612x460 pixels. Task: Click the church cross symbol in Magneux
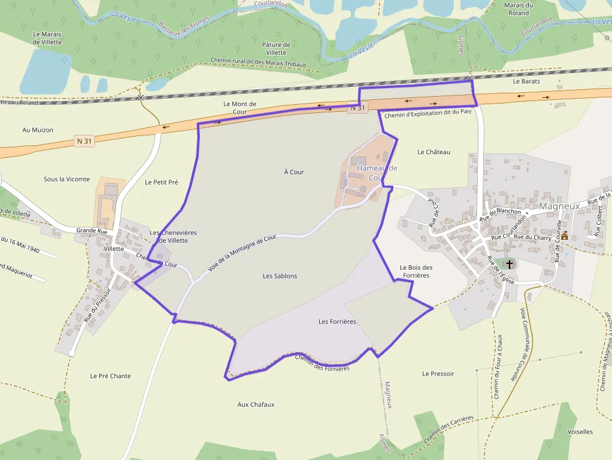(510, 264)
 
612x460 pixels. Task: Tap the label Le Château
(433, 152)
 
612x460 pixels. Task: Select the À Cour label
(294, 172)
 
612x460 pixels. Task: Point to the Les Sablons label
(280, 276)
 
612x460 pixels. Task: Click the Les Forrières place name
(337, 322)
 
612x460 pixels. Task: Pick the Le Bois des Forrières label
(416, 272)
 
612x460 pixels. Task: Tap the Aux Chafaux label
(256, 404)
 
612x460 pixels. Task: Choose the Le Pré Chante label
(111, 376)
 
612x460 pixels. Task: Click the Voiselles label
(580, 431)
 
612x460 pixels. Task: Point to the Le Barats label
(526, 82)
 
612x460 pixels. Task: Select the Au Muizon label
(38, 130)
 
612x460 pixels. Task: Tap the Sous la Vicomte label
(67, 179)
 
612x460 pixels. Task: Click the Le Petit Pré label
(161, 182)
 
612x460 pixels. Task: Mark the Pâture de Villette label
(275, 49)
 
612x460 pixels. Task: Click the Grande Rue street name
(92, 230)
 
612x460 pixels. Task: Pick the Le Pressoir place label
(438, 374)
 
